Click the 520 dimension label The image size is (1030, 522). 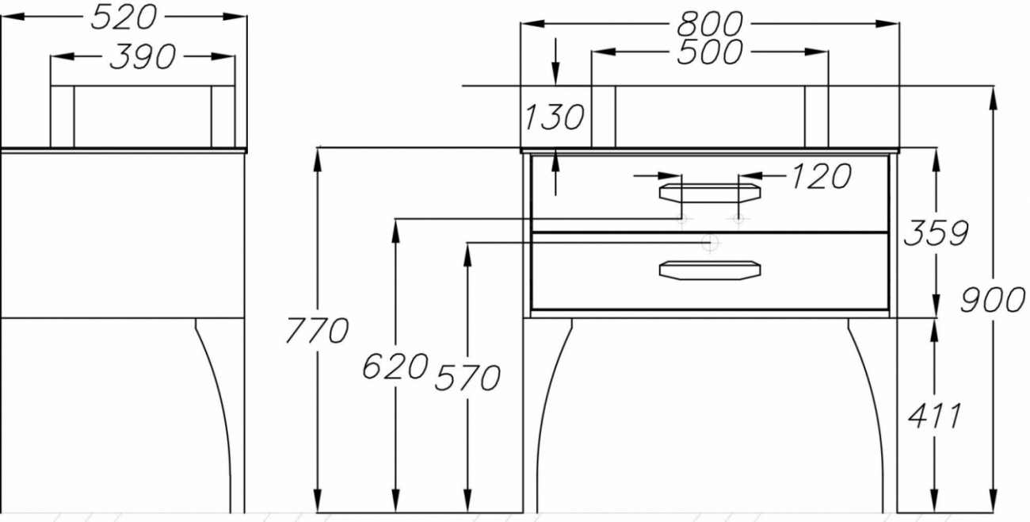pyautogui.click(x=124, y=18)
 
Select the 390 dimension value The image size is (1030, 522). pyautogui.click(x=143, y=57)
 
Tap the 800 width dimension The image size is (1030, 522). pyautogui.click(x=710, y=24)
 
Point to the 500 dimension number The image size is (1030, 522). pyautogui.click(x=710, y=52)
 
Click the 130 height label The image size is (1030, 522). pyautogui.click(x=554, y=117)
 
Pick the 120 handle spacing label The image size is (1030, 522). pyautogui.click(x=821, y=176)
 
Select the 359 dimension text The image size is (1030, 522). pyautogui.click(x=937, y=232)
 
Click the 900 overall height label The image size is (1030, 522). pyautogui.click(x=992, y=300)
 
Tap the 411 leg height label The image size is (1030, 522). pyautogui.click(x=934, y=416)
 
